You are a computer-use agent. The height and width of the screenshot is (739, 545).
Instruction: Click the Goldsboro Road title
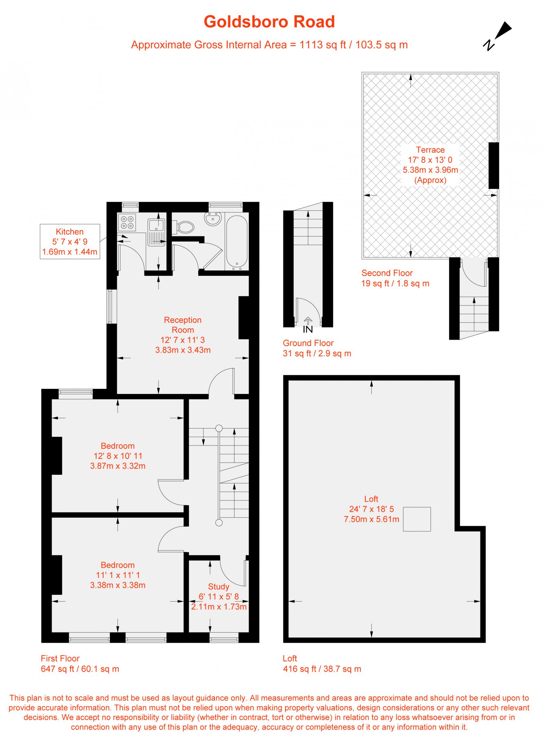pyautogui.click(x=269, y=22)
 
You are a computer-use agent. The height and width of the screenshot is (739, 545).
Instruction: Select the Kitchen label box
pyautogui.click(x=70, y=241)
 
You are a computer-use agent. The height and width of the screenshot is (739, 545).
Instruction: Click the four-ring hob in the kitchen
pyautogui.click(x=127, y=222)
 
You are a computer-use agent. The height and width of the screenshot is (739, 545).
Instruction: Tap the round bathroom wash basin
pyautogui.click(x=213, y=218)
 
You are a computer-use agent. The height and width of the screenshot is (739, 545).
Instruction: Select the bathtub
pyautogui.click(x=237, y=241)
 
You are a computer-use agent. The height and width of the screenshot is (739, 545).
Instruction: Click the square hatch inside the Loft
pyautogui.click(x=417, y=519)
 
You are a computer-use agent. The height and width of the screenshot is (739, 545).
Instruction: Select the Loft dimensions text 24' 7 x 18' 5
pyautogui.click(x=371, y=509)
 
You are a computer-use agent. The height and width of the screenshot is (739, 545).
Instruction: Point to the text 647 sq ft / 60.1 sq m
pyautogui.click(x=80, y=669)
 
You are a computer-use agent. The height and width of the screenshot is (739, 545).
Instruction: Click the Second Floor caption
pyautogui.click(x=387, y=273)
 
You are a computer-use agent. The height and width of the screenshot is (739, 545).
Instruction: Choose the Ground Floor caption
pyautogui.click(x=308, y=343)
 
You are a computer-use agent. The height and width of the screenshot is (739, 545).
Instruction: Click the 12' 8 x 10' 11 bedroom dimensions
pyautogui.click(x=118, y=456)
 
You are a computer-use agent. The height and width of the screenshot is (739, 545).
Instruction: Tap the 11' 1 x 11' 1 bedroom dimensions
pyautogui.click(x=118, y=575)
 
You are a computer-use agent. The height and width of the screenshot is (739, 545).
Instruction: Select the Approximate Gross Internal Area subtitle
pyautogui.click(x=269, y=45)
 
